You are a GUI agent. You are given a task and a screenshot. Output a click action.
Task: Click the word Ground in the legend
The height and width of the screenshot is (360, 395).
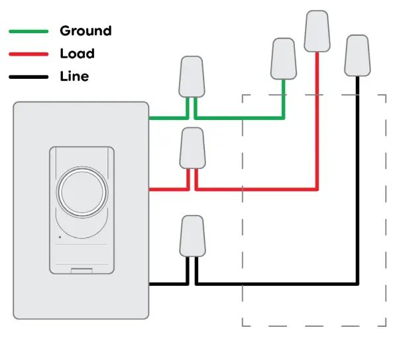coord(85,30)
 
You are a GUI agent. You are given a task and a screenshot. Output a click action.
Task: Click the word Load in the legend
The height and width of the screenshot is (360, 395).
coord(77,53)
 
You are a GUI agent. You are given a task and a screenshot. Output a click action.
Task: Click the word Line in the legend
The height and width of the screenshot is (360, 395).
coord(74,76)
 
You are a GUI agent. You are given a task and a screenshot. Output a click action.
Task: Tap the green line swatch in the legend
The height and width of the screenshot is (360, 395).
coord(28,31)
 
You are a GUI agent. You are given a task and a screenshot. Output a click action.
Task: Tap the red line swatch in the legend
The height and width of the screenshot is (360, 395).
coord(28,54)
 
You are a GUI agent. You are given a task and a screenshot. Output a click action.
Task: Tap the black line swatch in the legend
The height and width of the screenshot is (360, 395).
coord(28,77)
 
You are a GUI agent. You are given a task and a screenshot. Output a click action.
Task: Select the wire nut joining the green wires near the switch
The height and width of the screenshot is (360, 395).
coord(191,76)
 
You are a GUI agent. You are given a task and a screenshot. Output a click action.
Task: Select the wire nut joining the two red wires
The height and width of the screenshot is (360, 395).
coord(192,148)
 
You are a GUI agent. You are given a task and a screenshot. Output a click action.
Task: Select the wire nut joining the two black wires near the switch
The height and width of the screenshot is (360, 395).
coord(192,235)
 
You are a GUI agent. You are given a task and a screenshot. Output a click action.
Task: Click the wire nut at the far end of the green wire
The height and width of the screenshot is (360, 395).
coord(283,59)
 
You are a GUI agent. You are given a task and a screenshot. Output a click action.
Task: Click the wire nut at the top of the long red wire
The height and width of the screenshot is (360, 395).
coord(317,31)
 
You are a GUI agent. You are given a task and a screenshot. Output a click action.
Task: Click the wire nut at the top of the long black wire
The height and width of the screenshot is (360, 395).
coord(358,56)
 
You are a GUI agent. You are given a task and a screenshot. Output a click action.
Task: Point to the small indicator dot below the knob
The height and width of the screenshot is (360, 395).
coord(59,237)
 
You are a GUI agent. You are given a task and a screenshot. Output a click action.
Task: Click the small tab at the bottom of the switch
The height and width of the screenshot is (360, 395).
coord(82,270)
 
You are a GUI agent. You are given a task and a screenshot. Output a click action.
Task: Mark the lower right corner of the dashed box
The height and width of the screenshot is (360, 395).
coord(386,326)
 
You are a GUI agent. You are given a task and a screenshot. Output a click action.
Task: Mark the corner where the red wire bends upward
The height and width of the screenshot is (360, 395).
coord(317,189)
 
